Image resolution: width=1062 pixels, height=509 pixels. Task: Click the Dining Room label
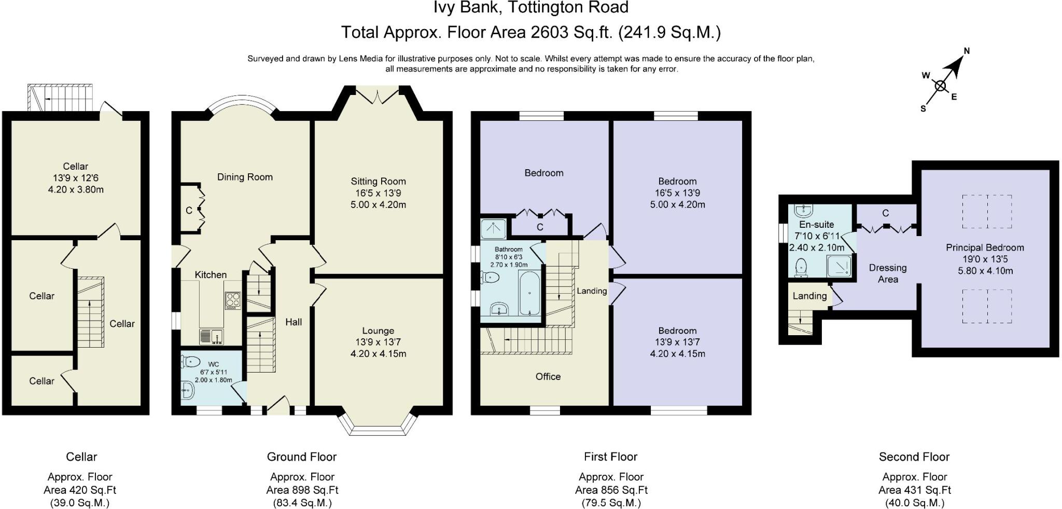[245, 177]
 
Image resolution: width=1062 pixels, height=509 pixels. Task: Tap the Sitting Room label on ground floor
[378, 181]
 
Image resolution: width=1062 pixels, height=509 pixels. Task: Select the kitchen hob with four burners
[232, 300]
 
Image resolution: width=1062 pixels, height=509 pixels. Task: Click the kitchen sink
[211, 337]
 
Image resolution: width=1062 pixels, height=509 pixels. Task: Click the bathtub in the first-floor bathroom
[529, 293]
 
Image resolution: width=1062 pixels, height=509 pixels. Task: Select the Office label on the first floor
[548, 377]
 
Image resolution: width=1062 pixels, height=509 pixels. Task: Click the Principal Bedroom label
[985, 247]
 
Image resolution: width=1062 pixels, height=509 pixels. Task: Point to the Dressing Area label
[888, 273]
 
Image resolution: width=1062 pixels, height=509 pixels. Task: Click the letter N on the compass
[967, 51]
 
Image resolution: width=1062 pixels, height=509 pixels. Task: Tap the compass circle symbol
[940, 86]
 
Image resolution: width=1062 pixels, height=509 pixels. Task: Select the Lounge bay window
[379, 424]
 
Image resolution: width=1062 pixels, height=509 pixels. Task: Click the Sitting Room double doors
[378, 95]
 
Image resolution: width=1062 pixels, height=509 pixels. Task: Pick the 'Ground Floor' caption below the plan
[302, 457]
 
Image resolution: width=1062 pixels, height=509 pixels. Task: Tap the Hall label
[294, 322]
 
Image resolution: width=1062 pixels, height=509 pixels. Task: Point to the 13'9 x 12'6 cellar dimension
[76, 178]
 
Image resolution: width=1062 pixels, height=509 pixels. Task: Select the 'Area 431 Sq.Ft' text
[915, 490]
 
